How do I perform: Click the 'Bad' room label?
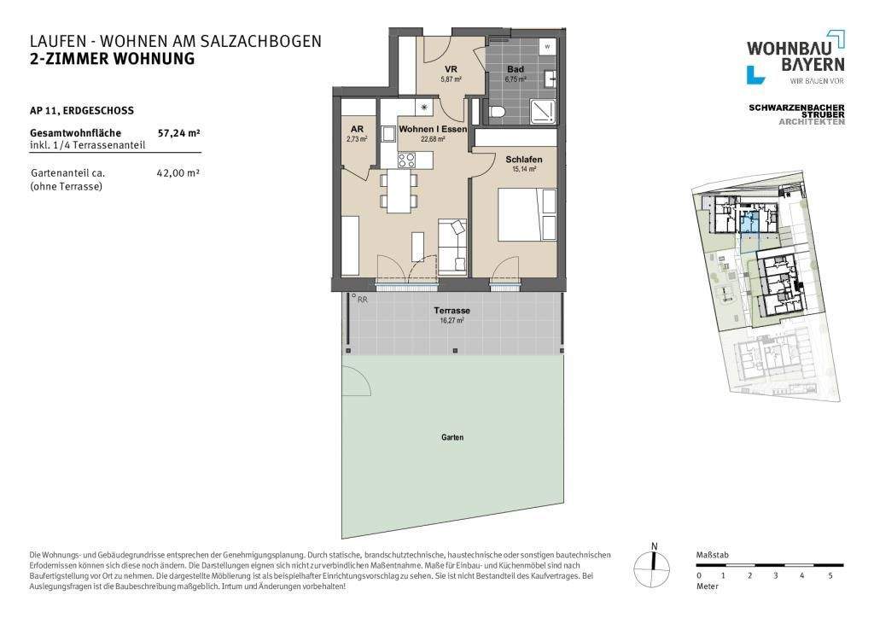[x=515, y=69]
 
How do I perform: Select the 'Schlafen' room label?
[x=524, y=160]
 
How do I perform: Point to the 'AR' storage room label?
[x=357, y=129]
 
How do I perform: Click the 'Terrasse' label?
[x=451, y=311]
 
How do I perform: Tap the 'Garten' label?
[x=452, y=437]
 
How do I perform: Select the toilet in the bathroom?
[x=500, y=110]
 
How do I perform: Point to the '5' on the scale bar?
[x=830, y=576]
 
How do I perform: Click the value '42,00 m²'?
[x=178, y=172]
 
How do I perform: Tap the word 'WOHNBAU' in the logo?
[x=781, y=48]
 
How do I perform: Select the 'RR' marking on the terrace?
[x=363, y=300]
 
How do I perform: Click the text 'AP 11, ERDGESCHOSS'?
[x=81, y=110]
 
